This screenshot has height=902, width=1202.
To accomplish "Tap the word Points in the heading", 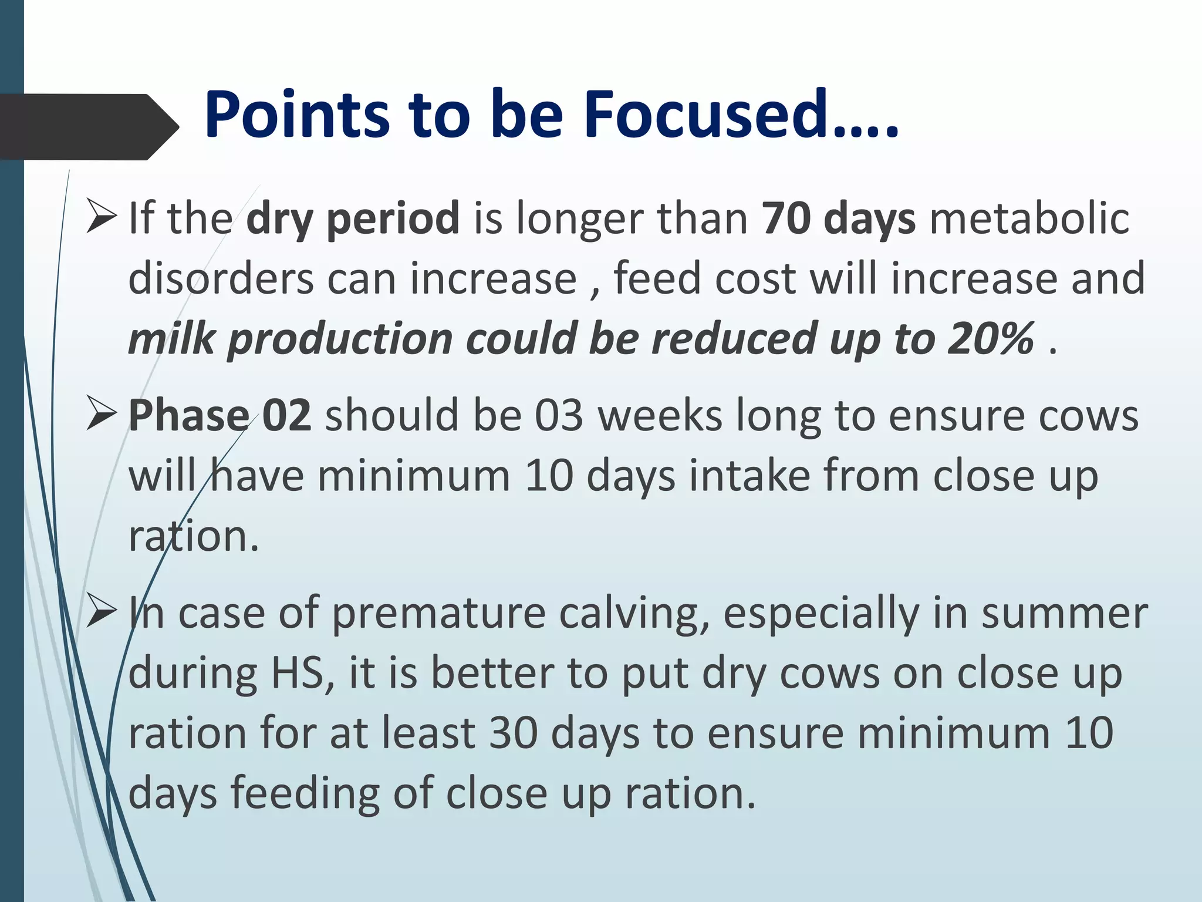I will tap(296, 115).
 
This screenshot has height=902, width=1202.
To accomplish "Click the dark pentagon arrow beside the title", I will tap(88, 127).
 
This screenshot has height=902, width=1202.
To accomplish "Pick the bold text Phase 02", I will tap(220, 416).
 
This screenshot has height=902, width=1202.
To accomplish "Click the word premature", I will tap(438, 613).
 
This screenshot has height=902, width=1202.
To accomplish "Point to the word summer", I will tap(1065, 613).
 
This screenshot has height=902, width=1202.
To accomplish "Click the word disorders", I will tap(221, 278).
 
